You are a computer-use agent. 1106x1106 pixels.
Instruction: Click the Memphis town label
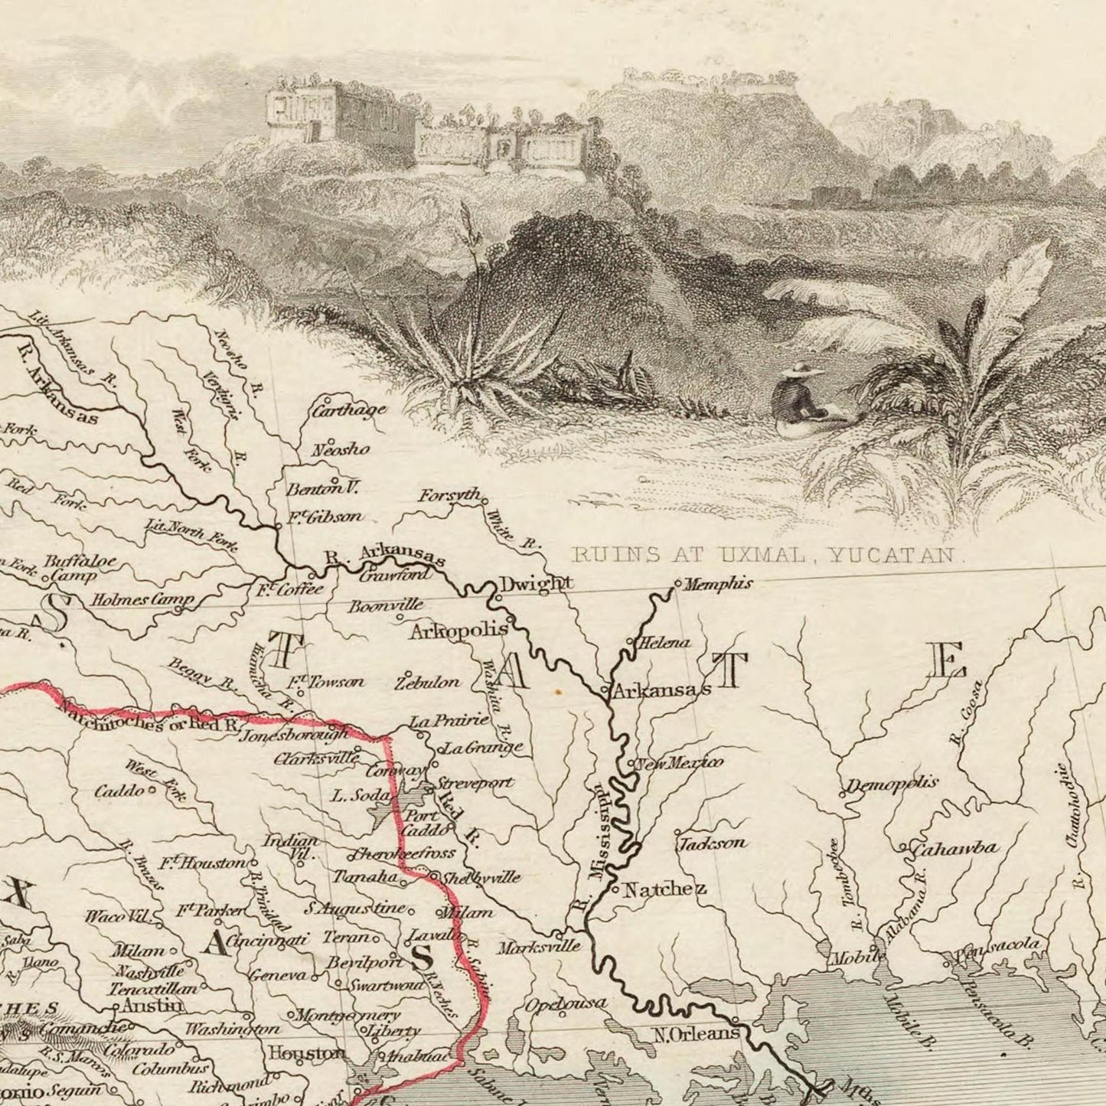(717, 584)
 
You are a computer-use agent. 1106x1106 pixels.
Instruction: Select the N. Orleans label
(696, 1034)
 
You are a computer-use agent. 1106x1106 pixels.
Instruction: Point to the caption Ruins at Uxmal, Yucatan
(765, 555)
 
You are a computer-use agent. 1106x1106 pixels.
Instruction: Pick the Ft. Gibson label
(325, 517)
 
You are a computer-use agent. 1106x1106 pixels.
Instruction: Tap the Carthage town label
(349, 410)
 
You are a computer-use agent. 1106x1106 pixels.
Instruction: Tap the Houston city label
(306, 1053)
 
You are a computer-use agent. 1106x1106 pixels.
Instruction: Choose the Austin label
(153, 1004)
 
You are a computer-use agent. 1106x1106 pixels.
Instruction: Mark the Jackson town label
(712, 843)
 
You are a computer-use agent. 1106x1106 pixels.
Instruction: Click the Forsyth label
(449, 495)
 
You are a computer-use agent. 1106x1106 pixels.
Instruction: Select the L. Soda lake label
(360, 795)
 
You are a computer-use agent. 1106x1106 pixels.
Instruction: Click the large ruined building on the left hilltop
(340, 115)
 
